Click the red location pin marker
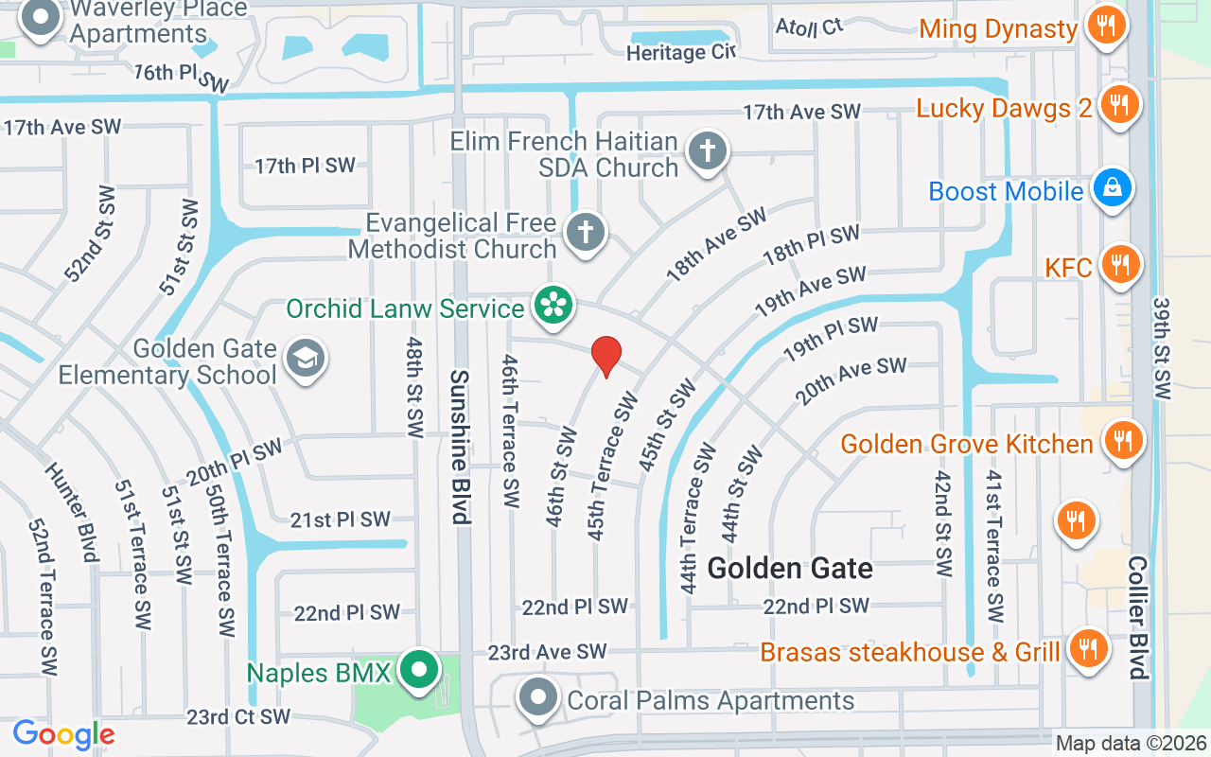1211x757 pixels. click(x=605, y=357)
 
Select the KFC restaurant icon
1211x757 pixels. click(x=1120, y=266)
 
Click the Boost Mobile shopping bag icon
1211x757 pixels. click(x=1113, y=189)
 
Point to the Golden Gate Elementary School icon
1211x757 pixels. click(x=306, y=359)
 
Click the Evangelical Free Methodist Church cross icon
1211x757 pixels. click(x=585, y=232)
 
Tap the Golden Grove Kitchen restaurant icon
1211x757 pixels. click(x=1122, y=441)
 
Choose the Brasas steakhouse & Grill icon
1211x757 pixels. click(x=1088, y=649)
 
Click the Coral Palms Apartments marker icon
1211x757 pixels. click(x=539, y=698)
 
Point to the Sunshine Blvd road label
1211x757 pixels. click(x=460, y=447)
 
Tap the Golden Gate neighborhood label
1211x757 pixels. click(x=790, y=568)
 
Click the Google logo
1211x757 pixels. click(x=63, y=734)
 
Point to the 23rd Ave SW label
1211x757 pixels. click(x=547, y=652)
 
